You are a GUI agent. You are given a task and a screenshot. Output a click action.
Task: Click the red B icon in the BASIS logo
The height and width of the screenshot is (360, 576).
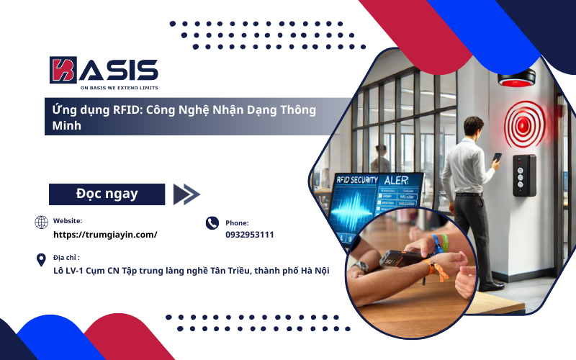point(63,71)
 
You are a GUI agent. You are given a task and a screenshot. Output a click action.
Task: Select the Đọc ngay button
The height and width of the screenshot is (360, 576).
point(107,194)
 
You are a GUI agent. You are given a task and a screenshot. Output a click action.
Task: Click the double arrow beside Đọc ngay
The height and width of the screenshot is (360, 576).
point(186,194)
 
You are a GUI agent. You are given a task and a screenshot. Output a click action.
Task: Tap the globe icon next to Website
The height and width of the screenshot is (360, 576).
point(42,222)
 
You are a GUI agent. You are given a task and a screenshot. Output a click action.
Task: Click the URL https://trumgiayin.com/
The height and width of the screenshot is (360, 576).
point(105,235)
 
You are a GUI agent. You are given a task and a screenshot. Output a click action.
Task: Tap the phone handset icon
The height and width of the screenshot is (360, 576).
point(212,223)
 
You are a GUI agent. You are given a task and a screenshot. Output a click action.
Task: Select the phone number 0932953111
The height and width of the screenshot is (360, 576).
point(250,235)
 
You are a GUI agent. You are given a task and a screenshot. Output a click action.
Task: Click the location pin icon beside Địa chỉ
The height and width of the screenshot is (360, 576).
point(42,259)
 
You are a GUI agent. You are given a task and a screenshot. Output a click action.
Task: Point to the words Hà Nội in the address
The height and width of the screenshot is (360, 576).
point(313,271)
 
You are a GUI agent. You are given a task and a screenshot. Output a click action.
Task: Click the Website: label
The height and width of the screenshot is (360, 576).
point(68,220)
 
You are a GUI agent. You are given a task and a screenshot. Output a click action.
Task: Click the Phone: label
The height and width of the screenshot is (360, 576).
point(237,223)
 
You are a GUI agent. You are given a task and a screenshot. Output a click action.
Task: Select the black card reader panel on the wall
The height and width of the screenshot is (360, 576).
point(523,176)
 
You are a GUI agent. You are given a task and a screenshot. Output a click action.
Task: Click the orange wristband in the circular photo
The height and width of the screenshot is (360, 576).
point(437,272)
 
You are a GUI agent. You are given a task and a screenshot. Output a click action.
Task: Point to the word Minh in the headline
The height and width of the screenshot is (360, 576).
point(63,125)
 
